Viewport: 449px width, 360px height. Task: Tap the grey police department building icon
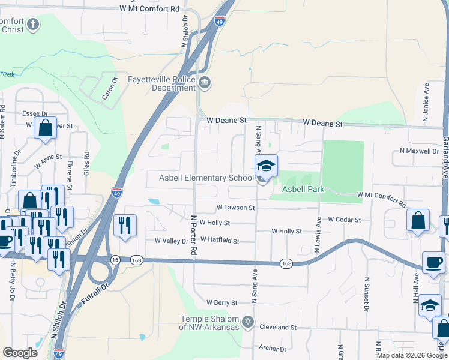pyautogui.click(x=205, y=82)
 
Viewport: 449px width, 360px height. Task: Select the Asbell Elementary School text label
pyautogui.click(x=206, y=178)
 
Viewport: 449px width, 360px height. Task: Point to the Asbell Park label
pyautogui.click(x=303, y=189)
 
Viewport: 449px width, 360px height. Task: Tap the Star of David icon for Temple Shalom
pyautogui.click(x=247, y=323)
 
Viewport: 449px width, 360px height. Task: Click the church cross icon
pyautogui.click(x=32, y=25)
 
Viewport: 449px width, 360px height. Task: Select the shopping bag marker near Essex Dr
pyautogui.click(x=45, y=128)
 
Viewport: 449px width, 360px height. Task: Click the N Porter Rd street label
pyautogui.click(x=194, y=233)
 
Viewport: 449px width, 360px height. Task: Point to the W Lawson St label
pyautogui.click(x=235, y=208)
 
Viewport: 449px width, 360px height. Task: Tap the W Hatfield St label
pyautogui.click(x=219, y=241)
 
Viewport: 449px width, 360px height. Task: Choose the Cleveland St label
pyautogui.click(x=278, y=328)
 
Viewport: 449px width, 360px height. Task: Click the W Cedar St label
pyautogui.click(x=344, y=220)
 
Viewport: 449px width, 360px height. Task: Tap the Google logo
pyautogui.click(x=20, y=353)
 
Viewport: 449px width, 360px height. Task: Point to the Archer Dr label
pyautogui.click(x=273, y=348)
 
